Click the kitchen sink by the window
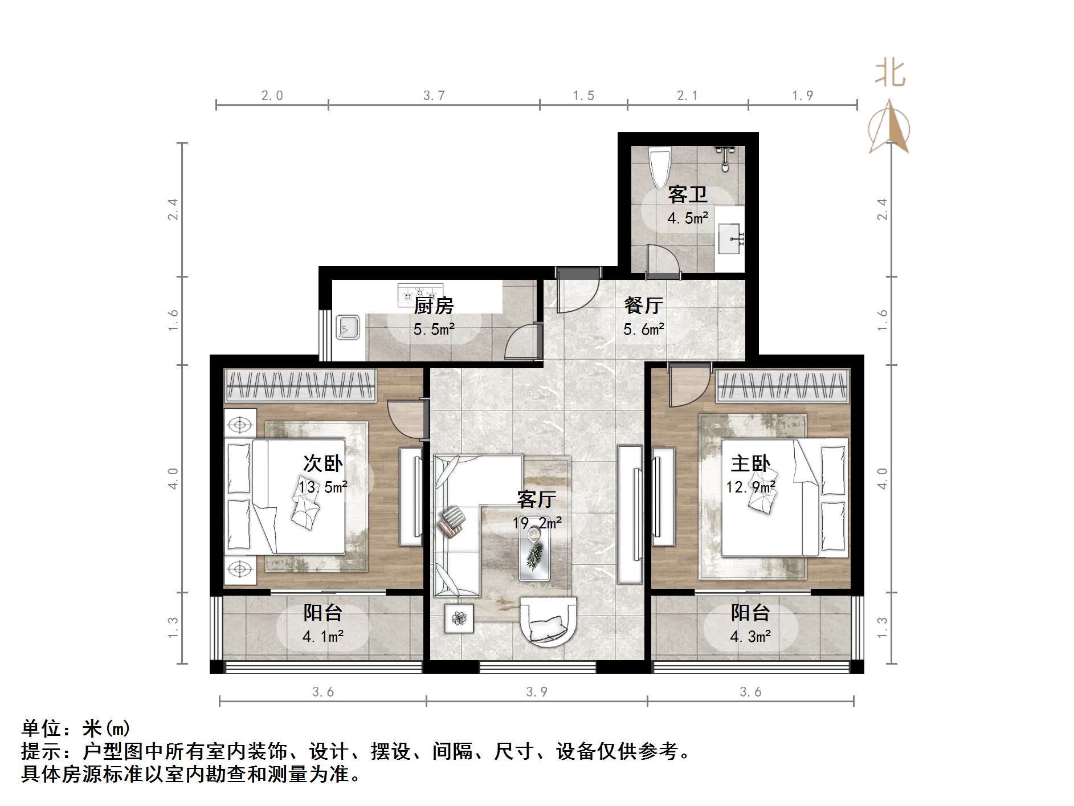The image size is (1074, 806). pyautogui.click(x=347, y=328)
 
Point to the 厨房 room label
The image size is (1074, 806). pyautogui.click(x=434, y=306)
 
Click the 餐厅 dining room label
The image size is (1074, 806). pyautogui.click(x=643, y=306)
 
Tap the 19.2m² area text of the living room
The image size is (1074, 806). pyautogui.click(x=537, y=523)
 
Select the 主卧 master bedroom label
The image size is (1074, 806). pyautogui.click(x=750, y=463)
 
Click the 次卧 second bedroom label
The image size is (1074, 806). pyautogui.click(x=322, y=463)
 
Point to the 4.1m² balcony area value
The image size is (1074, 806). pyautogui.click(x=322, y=636)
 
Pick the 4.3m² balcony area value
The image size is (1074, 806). pyautogui.click(x=750, y=636)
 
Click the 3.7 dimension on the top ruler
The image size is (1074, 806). pyautogui.click(x=434, y=96)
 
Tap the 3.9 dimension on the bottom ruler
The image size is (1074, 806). pyautogui.click(x=537, y=692)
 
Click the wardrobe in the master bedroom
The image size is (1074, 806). pyautogui.click(x=782, y=385)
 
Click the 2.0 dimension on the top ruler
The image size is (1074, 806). pyautogui.click(x=272, y=96)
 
